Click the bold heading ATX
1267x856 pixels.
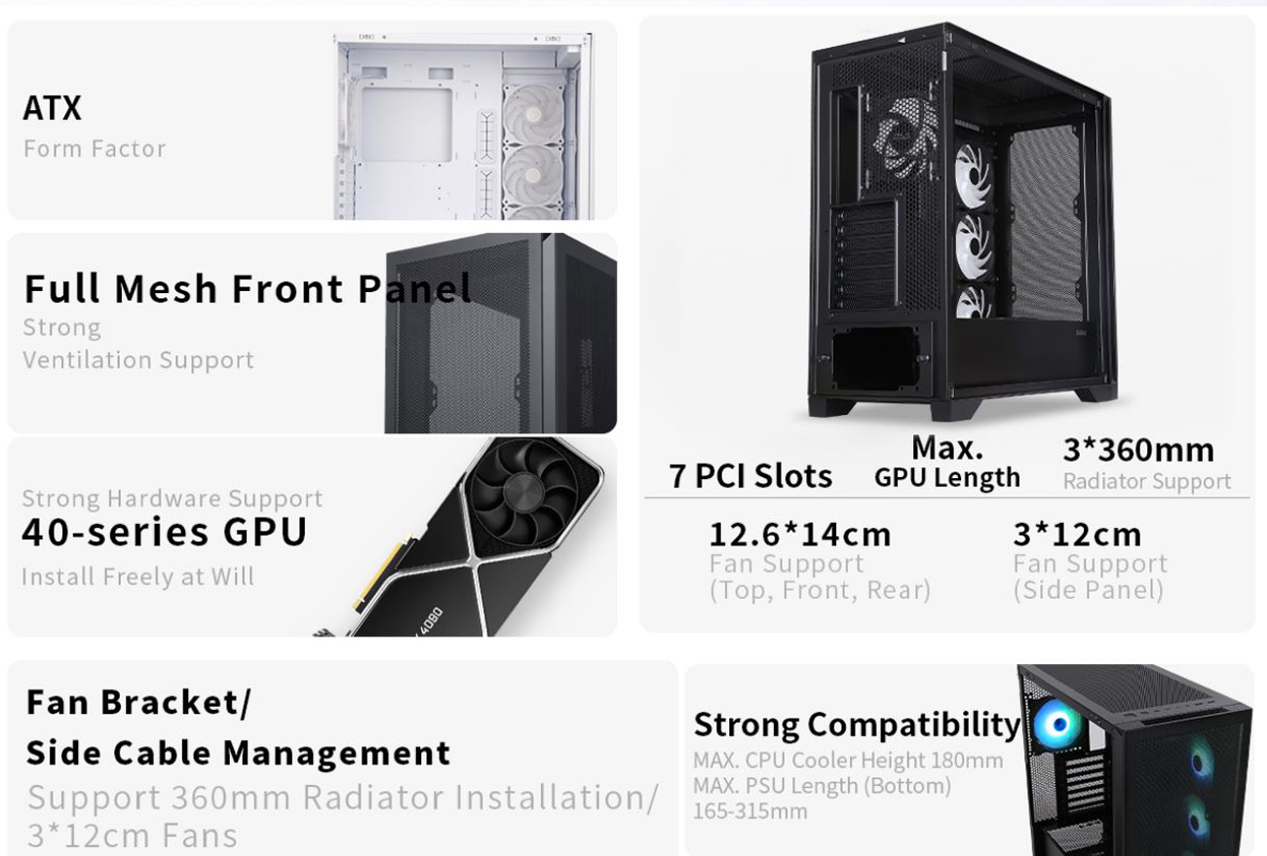point(53,107)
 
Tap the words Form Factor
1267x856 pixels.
point(95,149)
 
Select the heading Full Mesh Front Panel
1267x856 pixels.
point(248,288)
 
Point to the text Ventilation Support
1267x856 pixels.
point(137,360)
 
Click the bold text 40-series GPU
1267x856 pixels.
point(165,533)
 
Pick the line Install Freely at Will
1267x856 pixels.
point(137,577)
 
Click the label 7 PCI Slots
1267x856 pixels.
point(750,476)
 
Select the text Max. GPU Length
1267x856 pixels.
point(946,463)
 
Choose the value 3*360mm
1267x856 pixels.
point(1138,450)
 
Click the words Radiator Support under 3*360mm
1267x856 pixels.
point(1146,481)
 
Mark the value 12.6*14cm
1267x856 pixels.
point(799,535)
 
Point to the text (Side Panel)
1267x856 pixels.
point(1088,590)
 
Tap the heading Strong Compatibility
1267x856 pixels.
point(857,725)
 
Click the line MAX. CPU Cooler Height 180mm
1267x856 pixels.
point(848,761)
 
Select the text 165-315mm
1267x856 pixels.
point(749,811)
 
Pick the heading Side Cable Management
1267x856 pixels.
point(238,753)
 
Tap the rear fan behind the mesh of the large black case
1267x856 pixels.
point(905,137)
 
